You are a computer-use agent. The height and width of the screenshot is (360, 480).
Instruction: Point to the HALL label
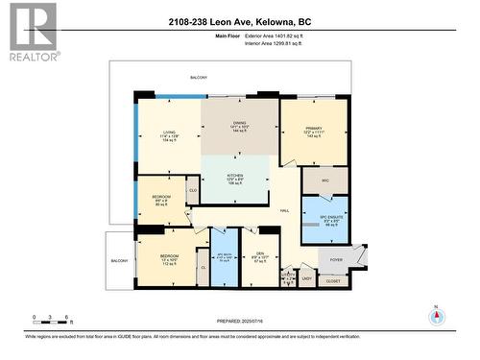[284, 210]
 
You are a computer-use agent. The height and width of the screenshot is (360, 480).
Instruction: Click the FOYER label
[336, 259]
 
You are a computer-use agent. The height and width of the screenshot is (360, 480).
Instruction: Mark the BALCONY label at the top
[199, 77]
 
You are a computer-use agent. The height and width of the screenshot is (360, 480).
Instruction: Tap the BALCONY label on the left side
[119, 261]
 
